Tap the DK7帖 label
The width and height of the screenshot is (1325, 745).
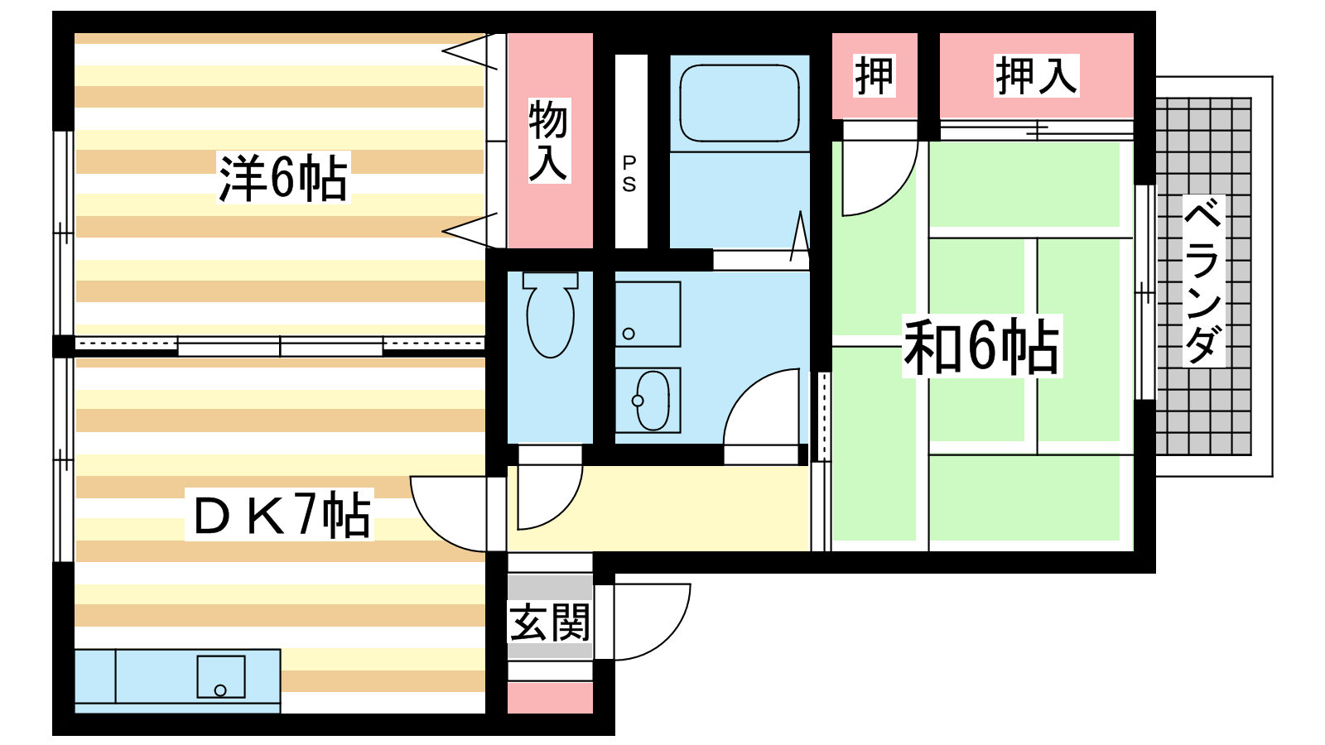279,514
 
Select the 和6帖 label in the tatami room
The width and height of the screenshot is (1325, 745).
981,347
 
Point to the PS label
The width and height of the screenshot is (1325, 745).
629,175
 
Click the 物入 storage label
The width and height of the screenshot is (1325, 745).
549,141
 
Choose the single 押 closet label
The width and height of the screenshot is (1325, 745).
874,75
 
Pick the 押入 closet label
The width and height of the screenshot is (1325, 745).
1036,75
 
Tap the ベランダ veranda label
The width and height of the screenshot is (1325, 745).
1203,281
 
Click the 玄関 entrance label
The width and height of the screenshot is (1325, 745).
550,622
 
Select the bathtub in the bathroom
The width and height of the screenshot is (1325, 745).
740,103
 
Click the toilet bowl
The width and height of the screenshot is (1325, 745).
550,315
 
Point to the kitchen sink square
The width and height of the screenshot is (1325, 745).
220,676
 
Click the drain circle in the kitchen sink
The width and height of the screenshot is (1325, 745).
220,690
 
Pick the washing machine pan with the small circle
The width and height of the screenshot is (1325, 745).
648,314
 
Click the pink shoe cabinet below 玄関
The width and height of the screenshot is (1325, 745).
550,698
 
